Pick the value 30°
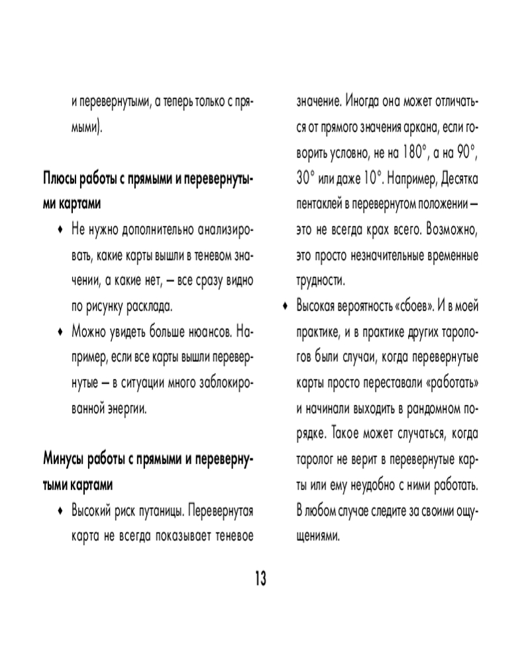[x=308, y=179]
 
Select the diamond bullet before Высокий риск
[x=60, y=511]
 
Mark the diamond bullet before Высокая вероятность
[x=285, y=306]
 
